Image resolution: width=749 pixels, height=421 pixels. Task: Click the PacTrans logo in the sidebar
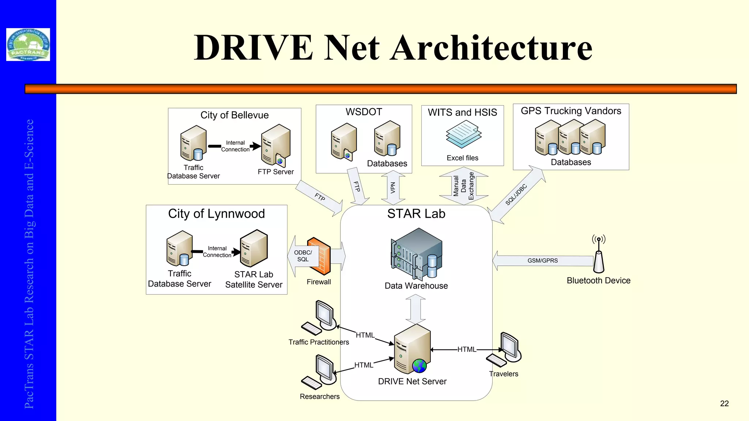click(28, 45)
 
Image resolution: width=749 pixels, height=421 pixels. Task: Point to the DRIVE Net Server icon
click(412, 349)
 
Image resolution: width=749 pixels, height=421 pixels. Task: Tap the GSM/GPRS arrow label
click(542, 261)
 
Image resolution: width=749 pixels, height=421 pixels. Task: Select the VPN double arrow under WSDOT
click(393, 187)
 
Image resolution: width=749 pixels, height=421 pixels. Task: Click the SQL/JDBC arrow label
click(516, 195)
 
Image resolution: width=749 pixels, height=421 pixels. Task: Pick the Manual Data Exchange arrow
click(463, 186)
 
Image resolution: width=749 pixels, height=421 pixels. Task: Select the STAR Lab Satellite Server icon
click(254, 248)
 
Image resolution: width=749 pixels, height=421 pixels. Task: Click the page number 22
click(724, 403)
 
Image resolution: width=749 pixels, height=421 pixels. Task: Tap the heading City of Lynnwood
click(217, 214)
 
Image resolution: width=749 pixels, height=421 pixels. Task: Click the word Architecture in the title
click(491, 48)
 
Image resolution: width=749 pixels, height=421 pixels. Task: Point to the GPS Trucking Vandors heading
click(571, 111)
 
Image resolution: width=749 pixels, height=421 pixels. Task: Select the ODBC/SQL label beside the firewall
click(303, 256)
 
